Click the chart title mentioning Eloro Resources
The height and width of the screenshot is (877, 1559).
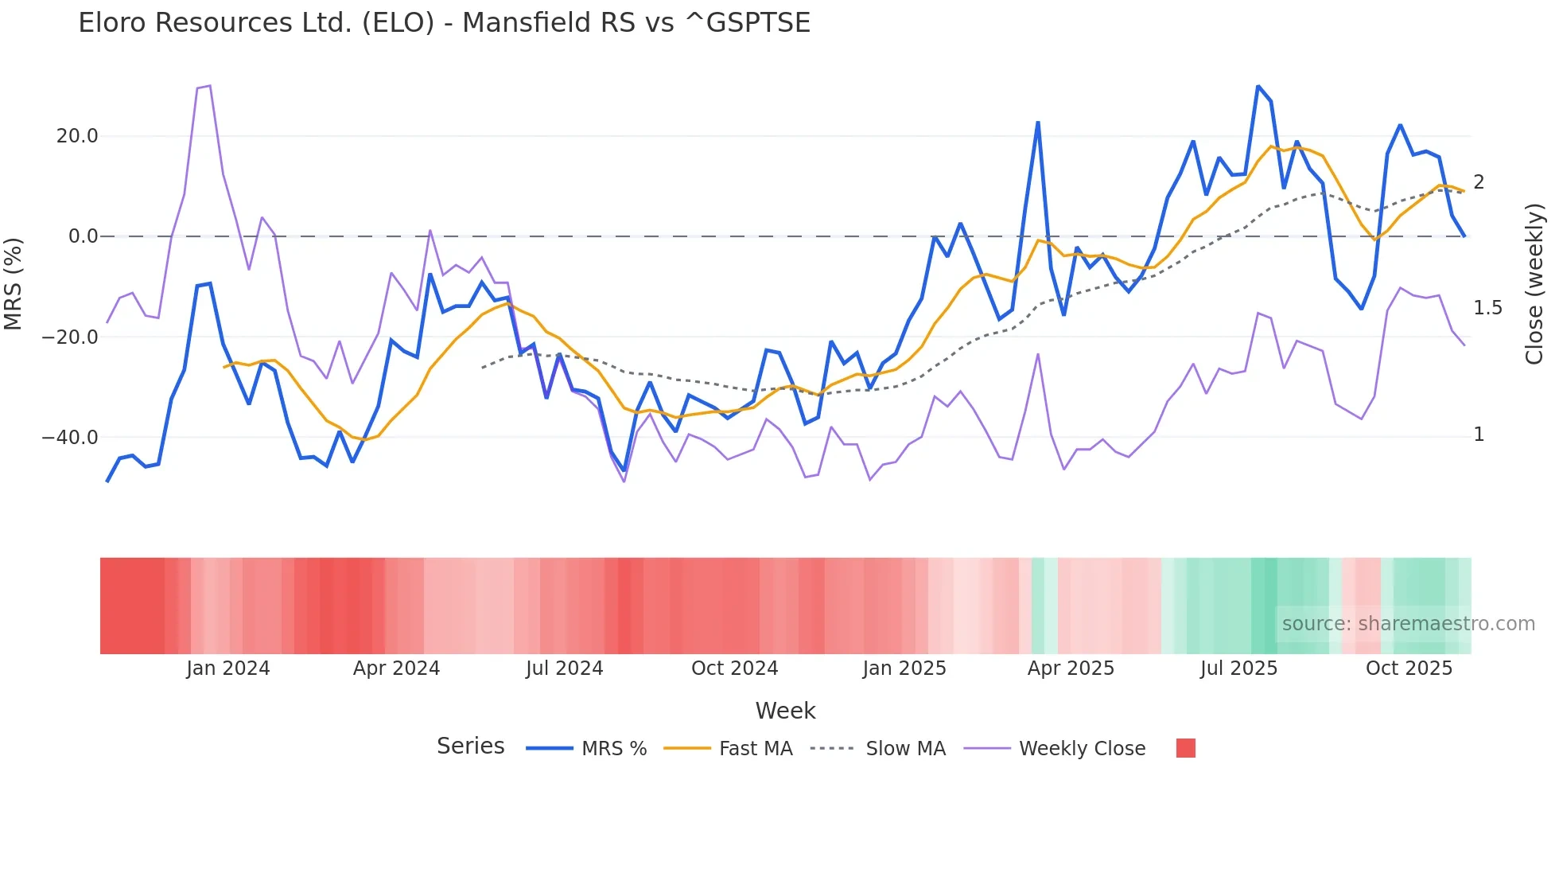click(444, 23)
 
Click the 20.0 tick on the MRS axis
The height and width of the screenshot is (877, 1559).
click(77, 136)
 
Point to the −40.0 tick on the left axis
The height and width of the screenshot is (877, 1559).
click(70, 438)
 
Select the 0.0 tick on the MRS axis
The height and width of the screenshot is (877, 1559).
click(84, 236)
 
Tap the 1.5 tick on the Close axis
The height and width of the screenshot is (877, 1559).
click(1487, 308)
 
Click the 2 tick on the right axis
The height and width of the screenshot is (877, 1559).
click(1479, 182)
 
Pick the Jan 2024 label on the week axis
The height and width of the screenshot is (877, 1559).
click(228, 668)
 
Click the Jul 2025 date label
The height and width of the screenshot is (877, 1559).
click(1238, 668)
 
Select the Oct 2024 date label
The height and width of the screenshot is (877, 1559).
click(734, 668)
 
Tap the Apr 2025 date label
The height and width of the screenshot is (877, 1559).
click(1071, 668)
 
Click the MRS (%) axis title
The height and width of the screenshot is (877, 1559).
click(14, 283)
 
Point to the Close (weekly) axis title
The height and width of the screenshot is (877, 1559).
click(1534, 284)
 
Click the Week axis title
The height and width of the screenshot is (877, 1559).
click(785, 711)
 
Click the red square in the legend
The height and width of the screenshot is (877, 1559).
click(1185, 748)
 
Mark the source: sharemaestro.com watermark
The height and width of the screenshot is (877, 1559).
click(1408, 624)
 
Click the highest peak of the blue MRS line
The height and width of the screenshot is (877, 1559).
click(1258, 86)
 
